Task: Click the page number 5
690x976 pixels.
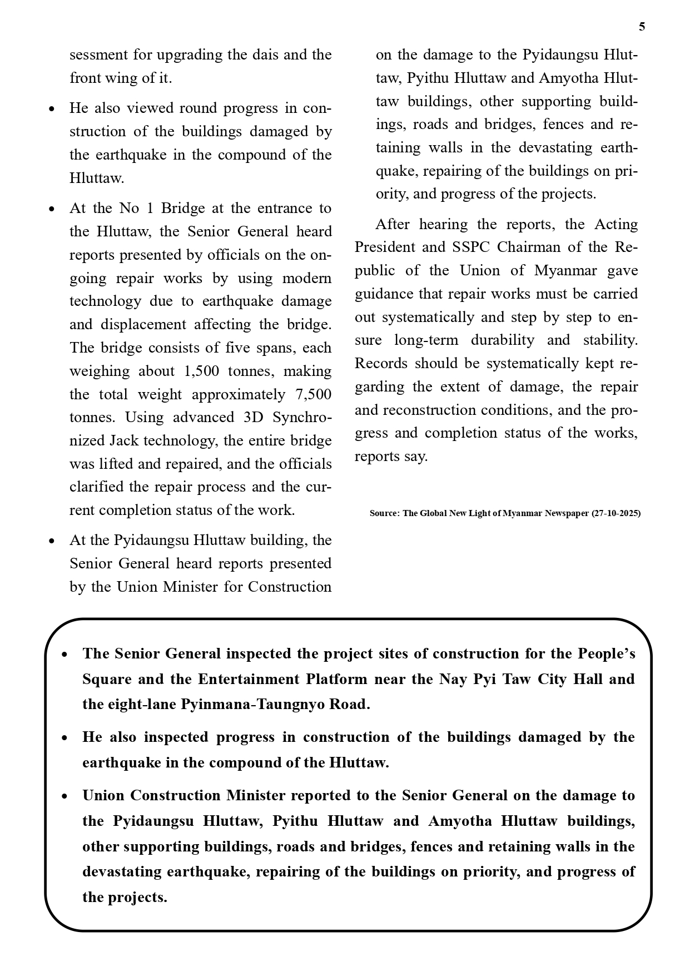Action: (x=642, y=27)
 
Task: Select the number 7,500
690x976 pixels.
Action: (x=314, y=394)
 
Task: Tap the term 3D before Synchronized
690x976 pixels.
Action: (x=254, y=417)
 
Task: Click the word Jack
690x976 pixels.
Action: (x=124, y=440)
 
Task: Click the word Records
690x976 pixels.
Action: (x=381, y=363)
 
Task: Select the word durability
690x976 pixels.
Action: (x=503, y=340)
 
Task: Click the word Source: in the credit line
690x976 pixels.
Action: (x=385, y=513)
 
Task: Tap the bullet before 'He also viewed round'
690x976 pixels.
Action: (x=52, y=108)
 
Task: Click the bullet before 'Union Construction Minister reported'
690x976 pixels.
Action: (x=65, y=796)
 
